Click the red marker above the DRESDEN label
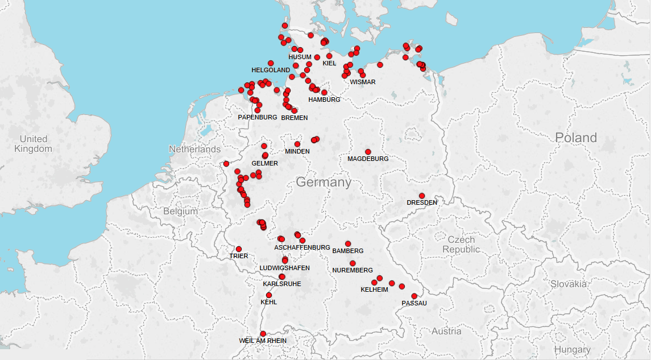(422, 196)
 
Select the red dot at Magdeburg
(368, 152)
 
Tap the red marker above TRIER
(239, 249)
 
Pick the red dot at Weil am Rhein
(263, 334)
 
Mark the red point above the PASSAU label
(414, 296)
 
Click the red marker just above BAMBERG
(348, 244)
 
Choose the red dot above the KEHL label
(269, 295)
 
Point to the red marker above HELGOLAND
(271, 63)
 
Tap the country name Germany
(324, 182)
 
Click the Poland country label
(576, 138)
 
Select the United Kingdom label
(34, 144)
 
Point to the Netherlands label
(194, 149)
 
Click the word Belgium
(180, 211)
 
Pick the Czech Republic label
(461, 245)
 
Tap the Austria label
(446, 331)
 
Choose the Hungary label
(573, 350)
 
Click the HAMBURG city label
(324, 100)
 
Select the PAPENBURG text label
(258, 117)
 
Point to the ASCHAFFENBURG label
(302, 248)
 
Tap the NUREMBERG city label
(353, 270)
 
